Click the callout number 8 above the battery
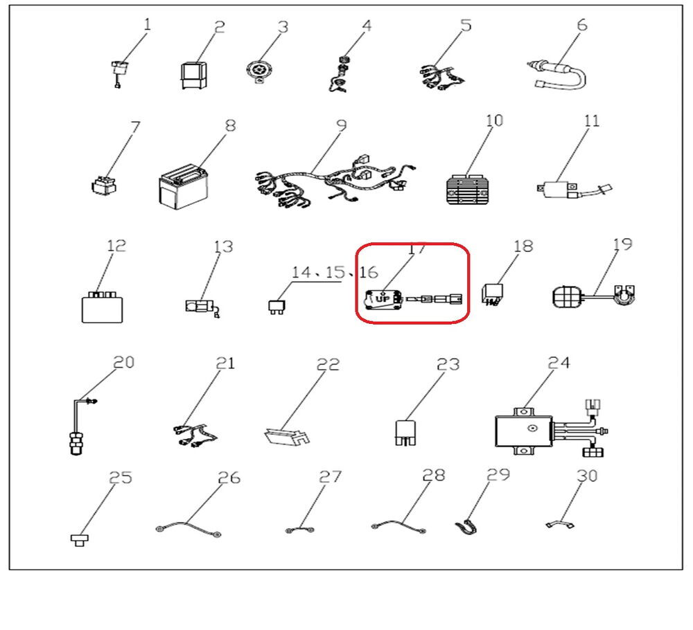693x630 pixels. [x=230, y=125]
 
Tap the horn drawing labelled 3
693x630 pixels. [x=260, y=71]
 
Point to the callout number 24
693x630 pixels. [x=559, y=362]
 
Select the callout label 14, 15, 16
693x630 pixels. [x=335, y=271]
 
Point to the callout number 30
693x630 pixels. [x=586, y=477]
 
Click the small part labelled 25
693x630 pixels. [x=80, y=539]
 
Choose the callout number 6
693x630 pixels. [x=581, y=25]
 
